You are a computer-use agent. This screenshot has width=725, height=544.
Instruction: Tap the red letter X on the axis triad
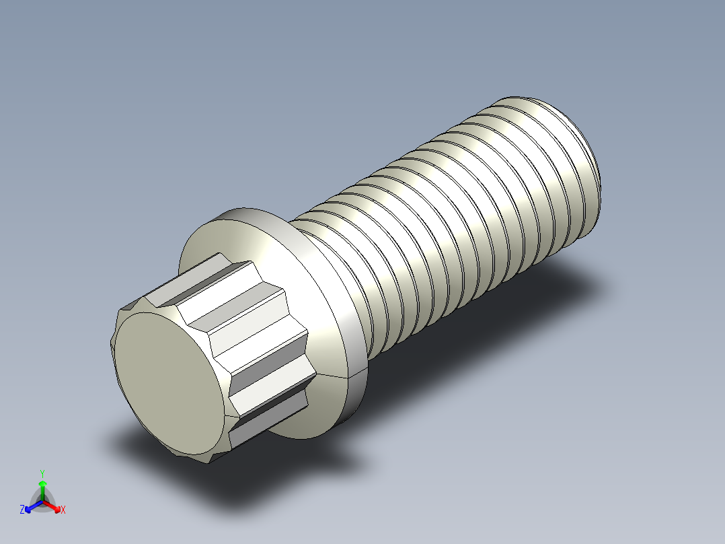63,510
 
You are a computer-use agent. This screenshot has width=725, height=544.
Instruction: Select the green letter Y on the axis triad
42,473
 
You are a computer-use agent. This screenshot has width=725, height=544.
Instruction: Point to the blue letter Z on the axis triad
22,510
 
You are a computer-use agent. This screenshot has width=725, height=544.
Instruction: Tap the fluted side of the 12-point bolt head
256,337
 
